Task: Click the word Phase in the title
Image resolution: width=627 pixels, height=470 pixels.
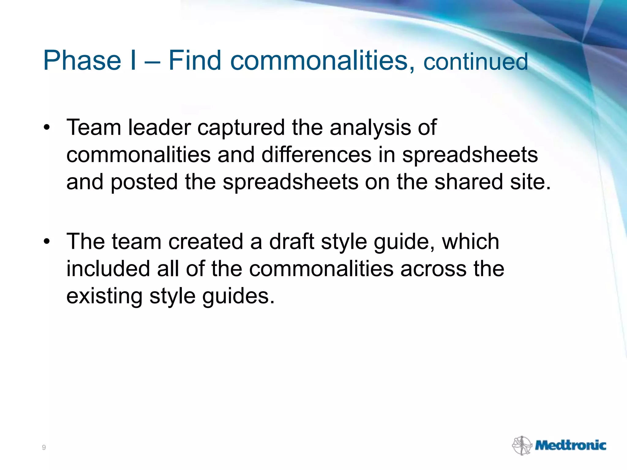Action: (x=82, y=60)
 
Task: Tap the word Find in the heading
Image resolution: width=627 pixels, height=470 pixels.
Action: (x=195, y=60)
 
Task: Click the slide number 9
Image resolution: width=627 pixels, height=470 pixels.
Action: (x=44, y=448)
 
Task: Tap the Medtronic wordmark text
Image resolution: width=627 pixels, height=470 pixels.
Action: (x=570, y=446)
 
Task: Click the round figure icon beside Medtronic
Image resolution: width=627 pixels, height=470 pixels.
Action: (x=522, y=446)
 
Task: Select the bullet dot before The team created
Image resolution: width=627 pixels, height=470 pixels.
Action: (x=46, y=242)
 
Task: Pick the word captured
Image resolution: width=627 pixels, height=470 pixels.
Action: (x=241, y=128)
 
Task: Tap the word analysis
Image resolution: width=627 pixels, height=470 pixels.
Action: (x=370, y=128)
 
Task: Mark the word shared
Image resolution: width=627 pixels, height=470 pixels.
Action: (x=469, y=182)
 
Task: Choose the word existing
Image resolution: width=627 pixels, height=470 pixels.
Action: (x=104, y=296)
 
